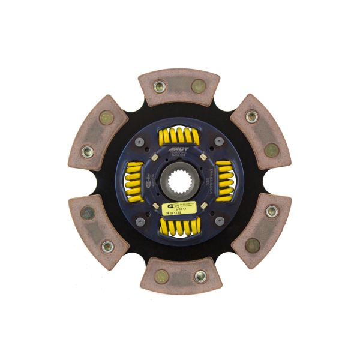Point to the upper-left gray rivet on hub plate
(x=140, y=142)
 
